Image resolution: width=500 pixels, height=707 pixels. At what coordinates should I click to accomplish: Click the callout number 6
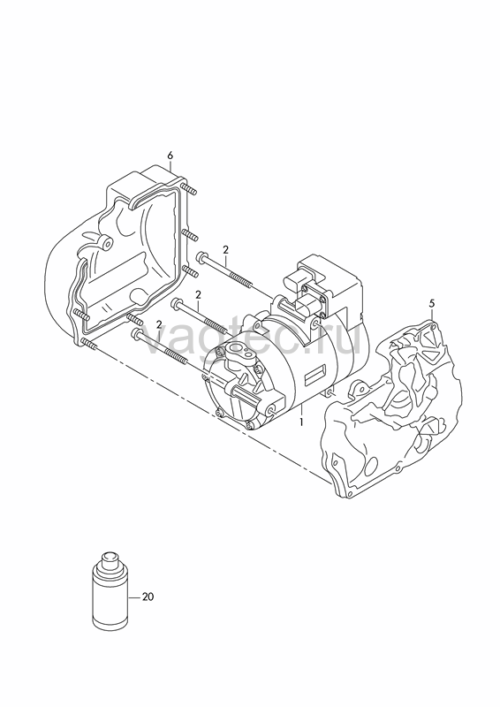tap(170, 156)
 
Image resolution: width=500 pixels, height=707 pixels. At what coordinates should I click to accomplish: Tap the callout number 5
tap(431, 303)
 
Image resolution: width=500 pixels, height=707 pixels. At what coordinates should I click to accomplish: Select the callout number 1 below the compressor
tap(300, 423)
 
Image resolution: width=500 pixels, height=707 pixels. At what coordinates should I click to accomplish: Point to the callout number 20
tap(148, 597)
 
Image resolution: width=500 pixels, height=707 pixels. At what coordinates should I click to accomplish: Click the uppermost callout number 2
tap(226, 249)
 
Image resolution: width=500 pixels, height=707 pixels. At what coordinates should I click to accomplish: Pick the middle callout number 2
tap(198, 294)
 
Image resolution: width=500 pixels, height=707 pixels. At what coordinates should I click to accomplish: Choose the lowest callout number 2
tap(159, 324)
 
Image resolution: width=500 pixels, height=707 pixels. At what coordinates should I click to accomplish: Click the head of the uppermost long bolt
tap(201, 257)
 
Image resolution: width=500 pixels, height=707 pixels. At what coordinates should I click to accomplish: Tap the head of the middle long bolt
tap(177, 303)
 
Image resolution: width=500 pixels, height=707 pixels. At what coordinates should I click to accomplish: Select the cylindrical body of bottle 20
tap(110, 600)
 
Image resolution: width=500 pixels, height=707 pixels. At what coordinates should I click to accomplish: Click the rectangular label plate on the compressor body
tap(315, 375)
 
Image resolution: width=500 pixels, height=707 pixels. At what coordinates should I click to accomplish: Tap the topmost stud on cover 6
tap(188, 189)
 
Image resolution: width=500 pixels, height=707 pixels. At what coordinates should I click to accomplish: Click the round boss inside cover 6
tap(106, 244)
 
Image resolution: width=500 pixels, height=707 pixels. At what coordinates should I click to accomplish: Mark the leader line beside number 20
tap(135, 597)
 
